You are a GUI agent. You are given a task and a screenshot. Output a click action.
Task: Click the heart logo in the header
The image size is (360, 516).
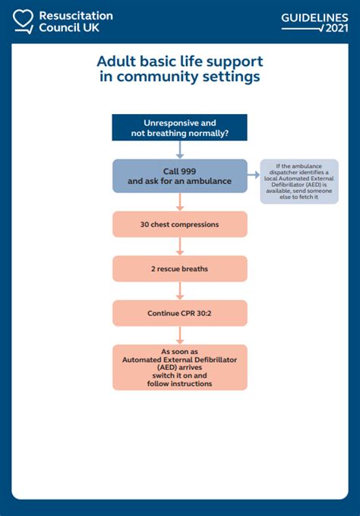pos(24,22)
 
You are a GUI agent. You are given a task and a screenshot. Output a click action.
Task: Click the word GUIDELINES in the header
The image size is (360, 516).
pos(314,17)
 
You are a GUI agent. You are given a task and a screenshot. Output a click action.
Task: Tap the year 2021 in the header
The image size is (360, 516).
pos(337,29)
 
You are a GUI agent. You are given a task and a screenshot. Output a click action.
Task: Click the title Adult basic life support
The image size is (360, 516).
pos(180,61)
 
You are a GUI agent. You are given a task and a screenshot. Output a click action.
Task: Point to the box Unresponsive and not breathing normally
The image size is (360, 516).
pos(180,128)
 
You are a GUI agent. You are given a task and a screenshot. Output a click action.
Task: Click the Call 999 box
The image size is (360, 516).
pos(180,176)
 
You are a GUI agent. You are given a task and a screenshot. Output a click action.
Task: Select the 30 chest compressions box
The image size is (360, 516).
pos(180,224)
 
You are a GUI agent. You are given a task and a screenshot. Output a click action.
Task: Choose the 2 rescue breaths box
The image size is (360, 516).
pos(180,268)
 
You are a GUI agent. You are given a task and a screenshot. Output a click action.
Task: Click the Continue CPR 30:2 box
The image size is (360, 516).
pos(180,312)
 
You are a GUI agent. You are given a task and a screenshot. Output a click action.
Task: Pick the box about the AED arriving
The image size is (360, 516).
pos(180,368)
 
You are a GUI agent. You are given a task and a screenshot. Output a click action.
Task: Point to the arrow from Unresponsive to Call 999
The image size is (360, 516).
pos(180,150)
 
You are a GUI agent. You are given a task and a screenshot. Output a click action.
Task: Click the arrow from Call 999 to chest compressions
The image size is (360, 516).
pos(180,201)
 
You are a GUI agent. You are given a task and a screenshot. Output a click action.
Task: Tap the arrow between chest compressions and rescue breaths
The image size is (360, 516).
pos(180,246)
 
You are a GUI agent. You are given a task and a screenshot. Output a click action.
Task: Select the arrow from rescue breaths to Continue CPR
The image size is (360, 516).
pos(180,290)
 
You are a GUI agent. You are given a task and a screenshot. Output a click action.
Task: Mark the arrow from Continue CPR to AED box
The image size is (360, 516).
pos(180,335)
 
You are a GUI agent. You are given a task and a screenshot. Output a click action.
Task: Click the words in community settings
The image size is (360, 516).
pos(180,78)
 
